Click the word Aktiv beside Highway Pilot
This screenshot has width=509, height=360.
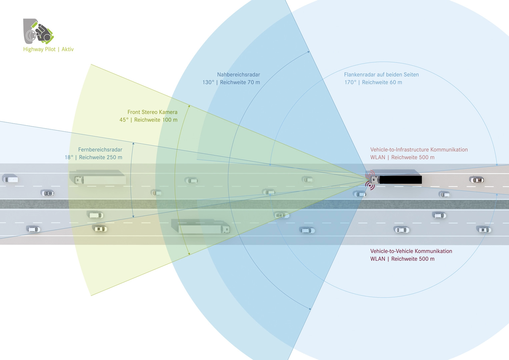point(68,49)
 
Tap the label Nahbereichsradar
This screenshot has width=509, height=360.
point(238,75)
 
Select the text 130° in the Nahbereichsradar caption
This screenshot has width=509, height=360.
point(208,82)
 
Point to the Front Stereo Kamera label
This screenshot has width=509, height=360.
point(152,112)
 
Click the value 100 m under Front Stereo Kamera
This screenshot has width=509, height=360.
point(170,120)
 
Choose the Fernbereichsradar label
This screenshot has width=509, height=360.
point(100,150)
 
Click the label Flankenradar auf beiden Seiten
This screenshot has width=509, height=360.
point(381,75)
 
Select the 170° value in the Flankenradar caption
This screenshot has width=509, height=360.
point(350,82)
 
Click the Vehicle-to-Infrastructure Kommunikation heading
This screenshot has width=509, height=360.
point(419,150)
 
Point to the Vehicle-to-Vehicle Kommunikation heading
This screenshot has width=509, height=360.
point(411,251)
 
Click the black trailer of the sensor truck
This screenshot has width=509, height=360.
point(400,180)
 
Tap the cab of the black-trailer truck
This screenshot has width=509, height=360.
point(375,180)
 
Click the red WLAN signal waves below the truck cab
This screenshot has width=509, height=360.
point(369,185)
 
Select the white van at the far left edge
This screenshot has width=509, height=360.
point(11,179)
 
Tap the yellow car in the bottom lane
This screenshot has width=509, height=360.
point(100,229)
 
